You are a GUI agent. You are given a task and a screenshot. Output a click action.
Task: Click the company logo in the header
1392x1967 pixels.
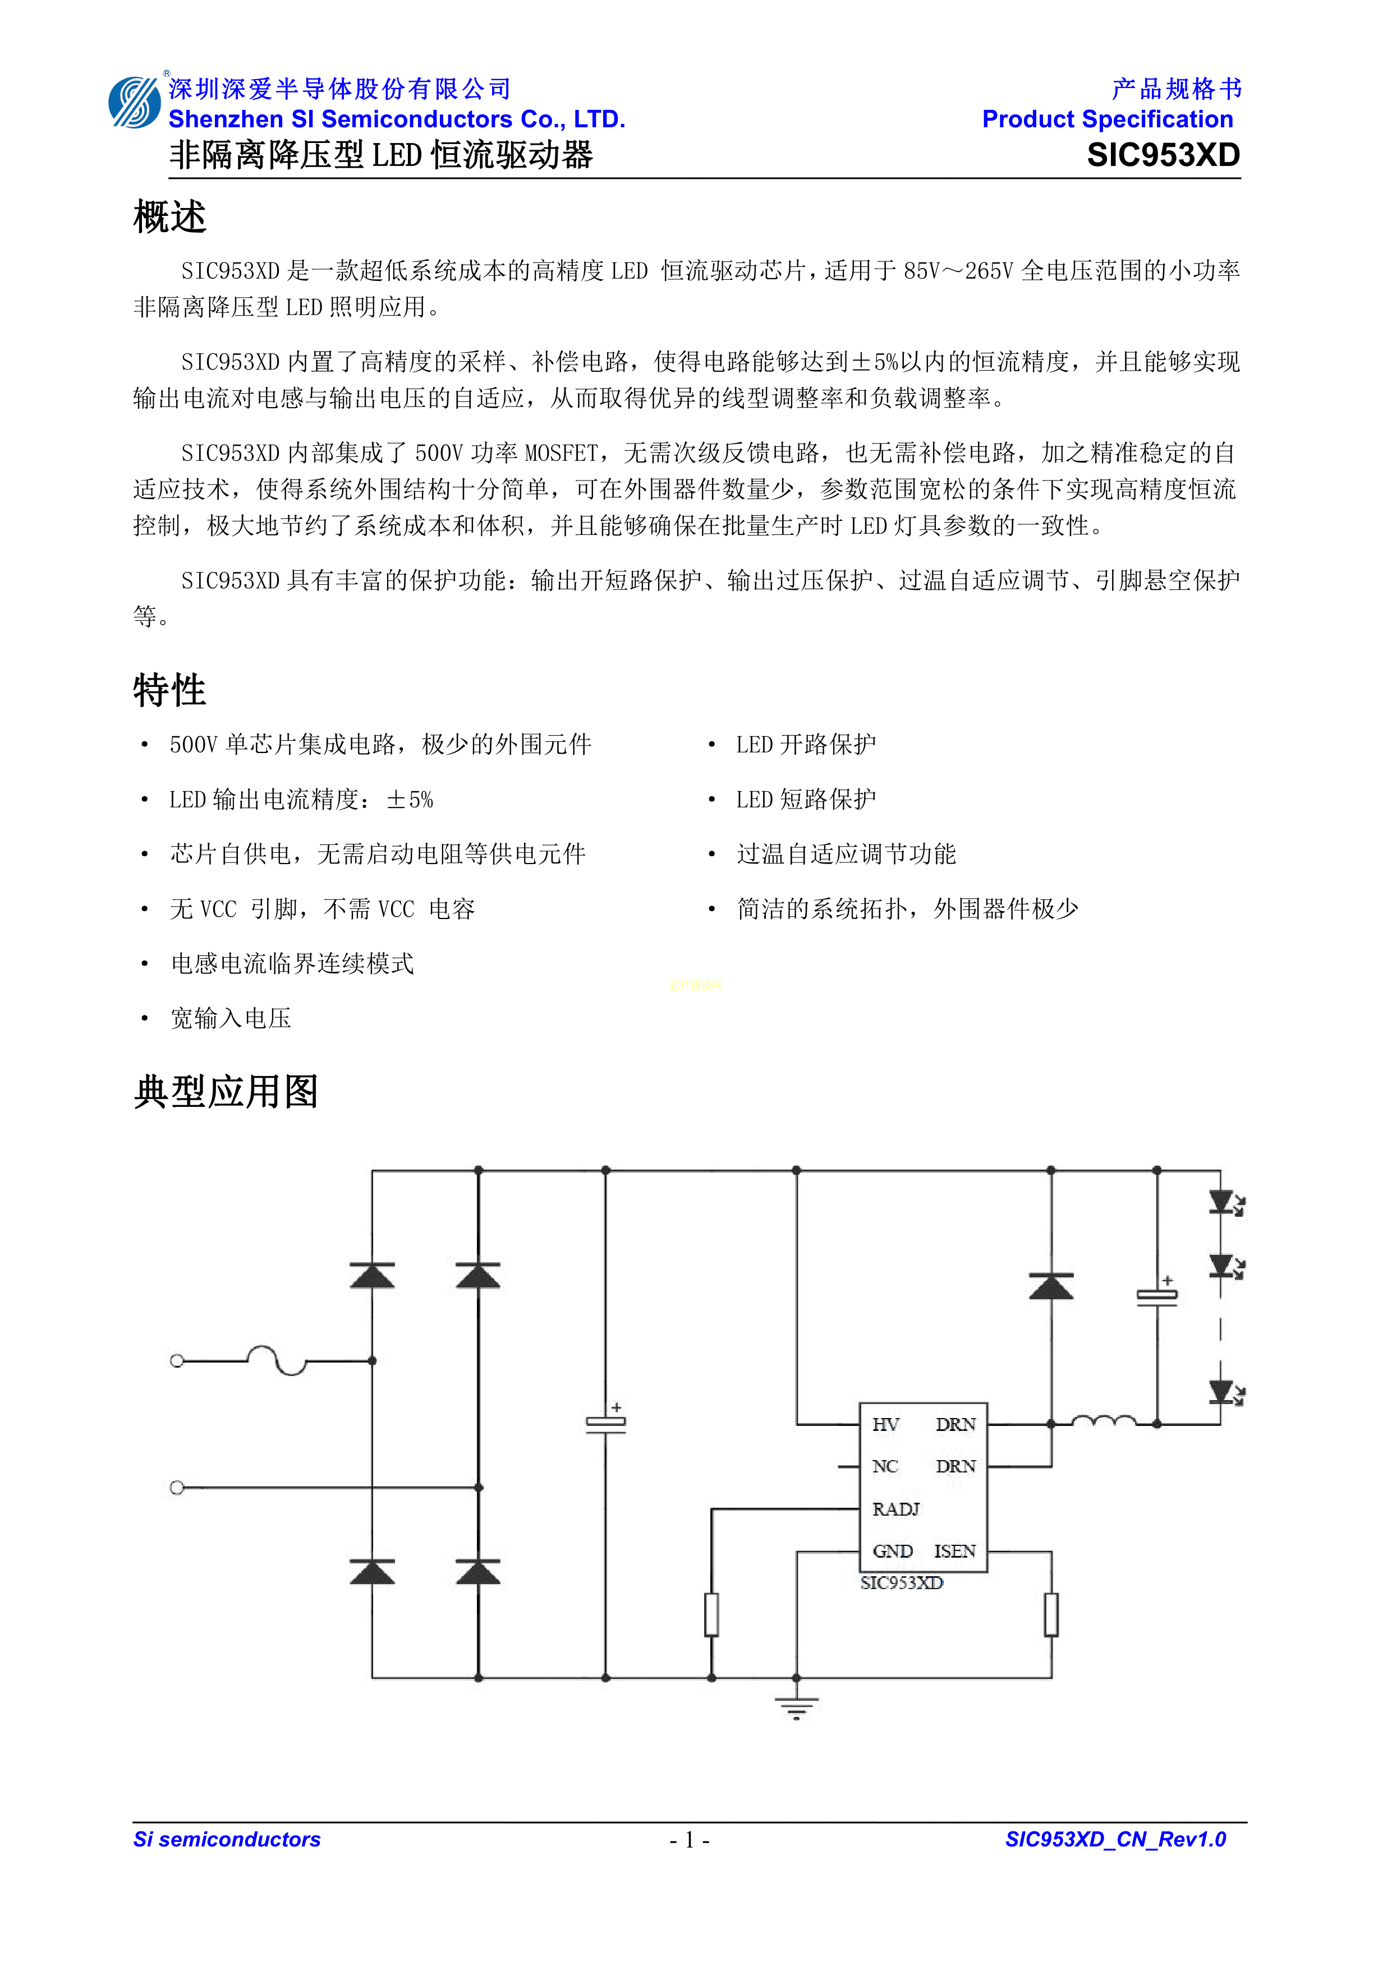pyautogui.click(x=135, y=103)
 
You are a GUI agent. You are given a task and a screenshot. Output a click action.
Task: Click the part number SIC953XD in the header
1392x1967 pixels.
pyautogui.click(x=1163, y=155)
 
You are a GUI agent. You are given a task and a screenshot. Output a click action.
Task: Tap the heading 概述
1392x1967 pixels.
pyautogui.click(x=169, y=217)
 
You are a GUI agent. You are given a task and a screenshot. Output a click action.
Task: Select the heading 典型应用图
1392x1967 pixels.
pyautogui.click(x=226, y=1092)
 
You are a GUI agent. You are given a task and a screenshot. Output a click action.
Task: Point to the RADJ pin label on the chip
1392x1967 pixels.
pyautogui.click(x=895, y=1509)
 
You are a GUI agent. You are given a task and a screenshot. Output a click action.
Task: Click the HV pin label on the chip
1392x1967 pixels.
pyautogui.click(x=885, y=1425)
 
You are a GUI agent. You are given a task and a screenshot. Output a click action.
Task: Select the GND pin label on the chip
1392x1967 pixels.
pyautogui.click(x=892, y=1552)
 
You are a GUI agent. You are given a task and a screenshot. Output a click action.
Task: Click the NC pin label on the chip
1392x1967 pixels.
pyautogui.click(x=885, y=1467)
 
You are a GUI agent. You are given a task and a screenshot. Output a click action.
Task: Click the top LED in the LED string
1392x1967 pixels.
pyautogui.click(x=1221, y=1203)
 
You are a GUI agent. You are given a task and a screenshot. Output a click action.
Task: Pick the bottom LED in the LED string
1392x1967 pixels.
pyautogui.click(x=1221, y=1392)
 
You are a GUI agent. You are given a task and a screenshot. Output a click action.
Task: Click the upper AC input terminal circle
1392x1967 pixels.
pyautogui.click(x=177, y=1360)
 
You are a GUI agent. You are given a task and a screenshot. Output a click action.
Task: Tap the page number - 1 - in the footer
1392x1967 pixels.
pyautogui.click(x=689, y=1840)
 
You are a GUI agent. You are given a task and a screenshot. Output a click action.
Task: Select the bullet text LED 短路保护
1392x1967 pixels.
pyautogui.click(x=806, y=800)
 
